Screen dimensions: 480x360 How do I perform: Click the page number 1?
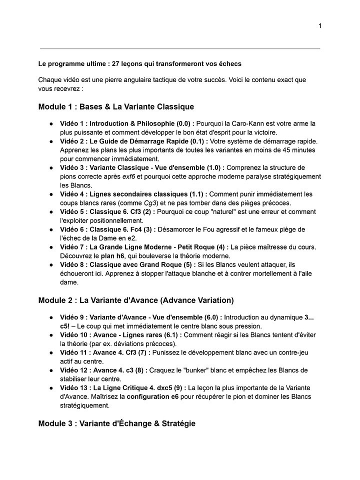[320, 26]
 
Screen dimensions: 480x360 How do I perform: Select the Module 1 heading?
[116, 106]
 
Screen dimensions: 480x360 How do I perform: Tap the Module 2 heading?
[135, 300]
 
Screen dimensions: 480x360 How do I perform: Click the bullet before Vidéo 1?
[51, 123]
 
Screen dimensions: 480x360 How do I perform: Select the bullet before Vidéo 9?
[51, 317]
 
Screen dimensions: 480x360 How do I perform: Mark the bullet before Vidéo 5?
[51, 211]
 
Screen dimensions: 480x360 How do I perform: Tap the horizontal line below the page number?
[180, 48]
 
